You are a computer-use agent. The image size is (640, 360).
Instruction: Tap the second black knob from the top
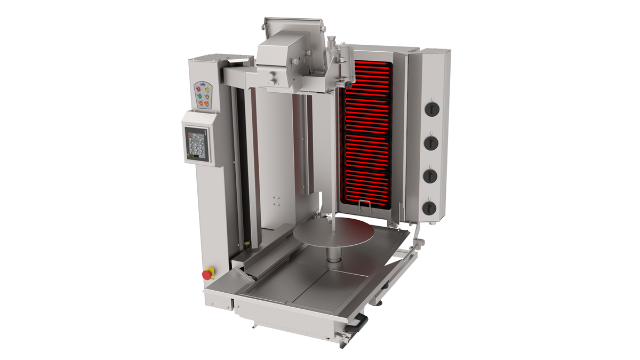(x=431, y=142)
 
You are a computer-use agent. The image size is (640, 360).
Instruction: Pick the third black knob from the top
(x=431, y=175)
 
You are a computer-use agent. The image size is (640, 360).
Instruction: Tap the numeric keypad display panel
(x=196, y=143)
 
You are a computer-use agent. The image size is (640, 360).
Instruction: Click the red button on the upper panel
(x=198, y=89)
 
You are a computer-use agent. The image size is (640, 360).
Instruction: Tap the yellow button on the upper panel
(x=207, y=90)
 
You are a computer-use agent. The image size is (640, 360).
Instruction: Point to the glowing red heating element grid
(x=368, y=133)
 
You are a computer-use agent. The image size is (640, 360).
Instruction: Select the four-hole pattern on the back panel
(x=277, y=200)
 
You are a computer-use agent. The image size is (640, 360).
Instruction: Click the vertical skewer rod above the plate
(x=333, y=208)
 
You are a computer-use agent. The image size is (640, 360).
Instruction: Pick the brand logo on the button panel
(x=203, y=84)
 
